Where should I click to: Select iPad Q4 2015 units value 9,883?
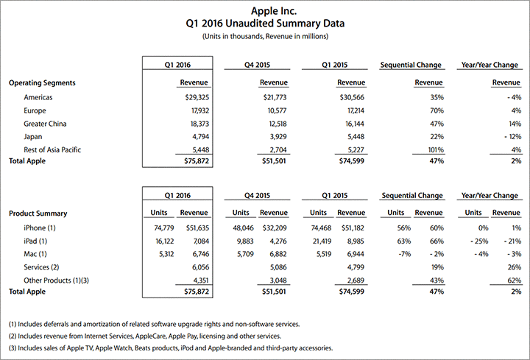[241, 240]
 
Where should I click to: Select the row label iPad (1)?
[36, 240]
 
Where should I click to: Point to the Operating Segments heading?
[42, 83]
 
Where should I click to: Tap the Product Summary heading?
[38, 213]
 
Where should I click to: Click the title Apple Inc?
[264, 10]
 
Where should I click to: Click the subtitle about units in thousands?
[264, 36]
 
